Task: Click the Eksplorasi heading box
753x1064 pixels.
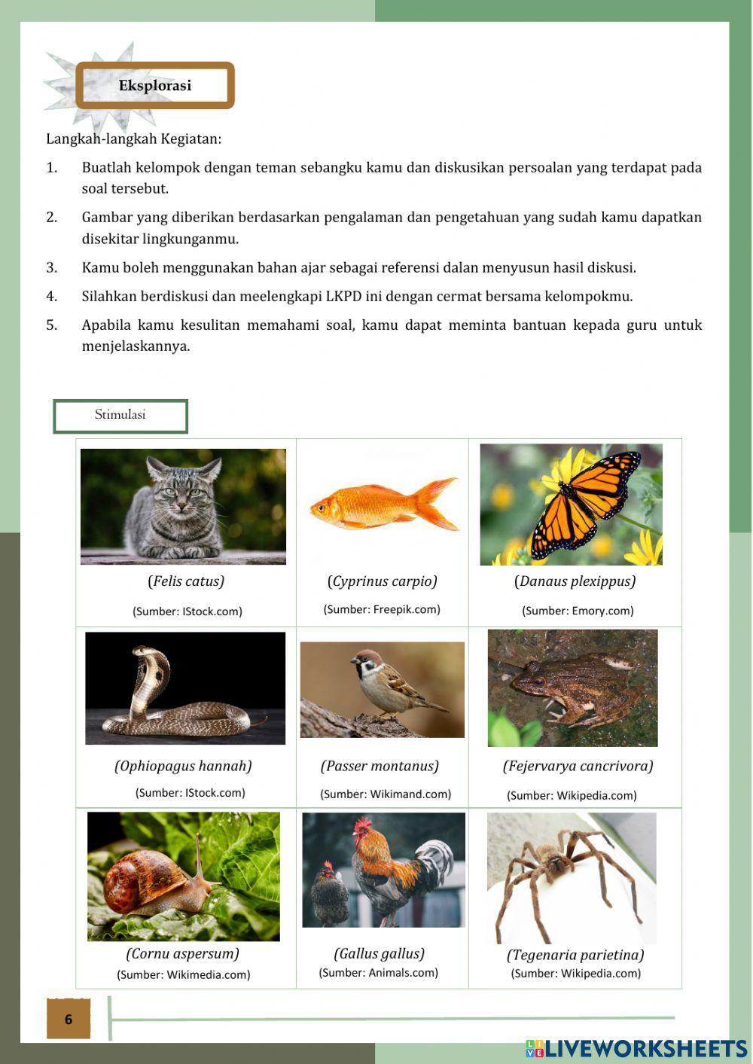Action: pyautogui.click(x=155, y=85)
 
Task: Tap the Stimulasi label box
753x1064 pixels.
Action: pyautogui.click(x=120, y=416)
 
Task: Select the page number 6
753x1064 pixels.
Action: pyautogui.click(x=69, y=1019)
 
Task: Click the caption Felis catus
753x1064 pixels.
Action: pyautogui.click(x=186, y=581)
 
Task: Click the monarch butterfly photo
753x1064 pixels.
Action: pyautogui.click(x=572, y=505)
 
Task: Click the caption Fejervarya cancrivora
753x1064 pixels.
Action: pyautogui.click(x=578, y=767)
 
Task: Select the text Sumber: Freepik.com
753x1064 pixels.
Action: pyautogui.click(x=382, y=609)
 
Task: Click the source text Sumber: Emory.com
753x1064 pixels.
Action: pyautogui.click(x=578, y=611)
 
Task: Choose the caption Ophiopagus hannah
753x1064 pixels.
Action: pyautogui.click(x=183, y=767)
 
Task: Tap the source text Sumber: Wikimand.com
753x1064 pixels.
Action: pyautogui.click(x=386, y=794)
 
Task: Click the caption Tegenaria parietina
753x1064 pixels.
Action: pyautogui.click(x=575, y=955)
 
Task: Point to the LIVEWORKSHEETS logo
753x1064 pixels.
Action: pyautogui.click(x=636, y=1048)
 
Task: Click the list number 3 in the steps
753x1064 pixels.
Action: pyautogui.click(x=51, y=267)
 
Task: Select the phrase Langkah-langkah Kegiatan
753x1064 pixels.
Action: pyautogui.click(x=134, y=139)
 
